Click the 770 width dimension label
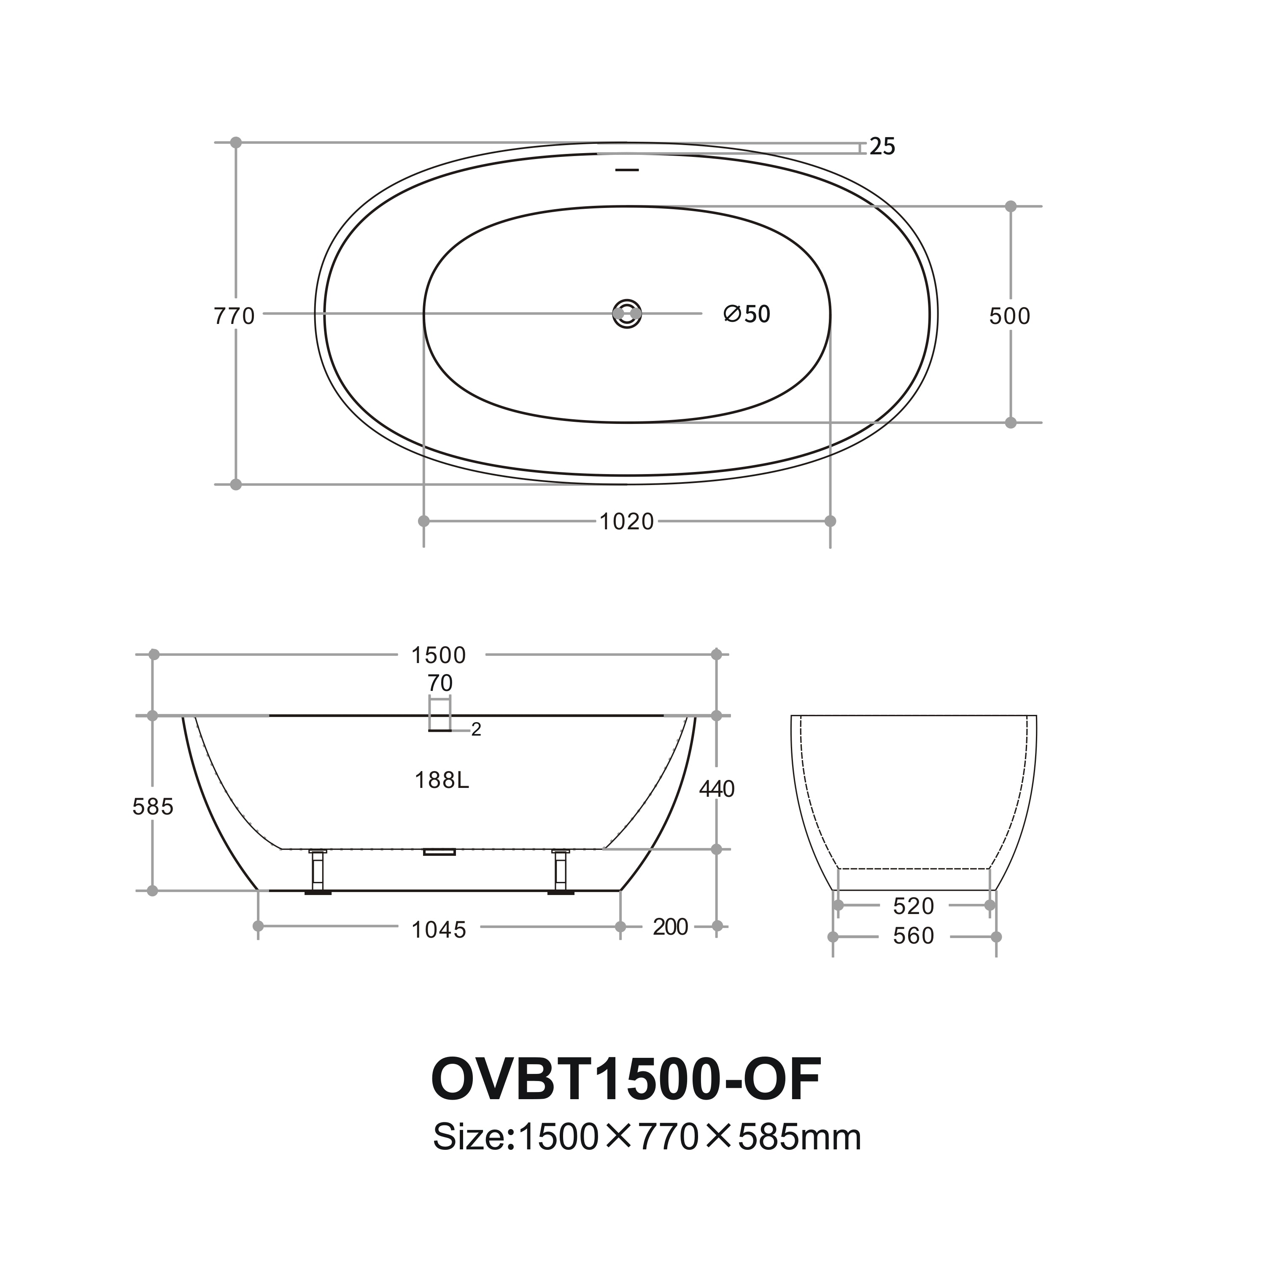[x=234, y=316]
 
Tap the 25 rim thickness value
[x=882, y=147]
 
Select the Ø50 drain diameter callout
[x=747, y=314]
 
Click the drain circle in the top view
[x=627, y=314]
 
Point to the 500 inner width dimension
[x=1009, y=316]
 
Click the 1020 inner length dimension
[x=626, y=521]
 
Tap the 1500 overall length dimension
[x=438, y=655]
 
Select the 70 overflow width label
[x=440, y=683]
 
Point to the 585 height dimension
[x=153, y=807]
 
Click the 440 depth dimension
[x=717, y=789]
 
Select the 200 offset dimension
[x=670, y=927]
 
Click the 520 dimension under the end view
[x=913, y=906]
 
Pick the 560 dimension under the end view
[x=913, y=936]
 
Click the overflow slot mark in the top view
[x=627, y=170]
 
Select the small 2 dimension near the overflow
[x=476, y=730]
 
